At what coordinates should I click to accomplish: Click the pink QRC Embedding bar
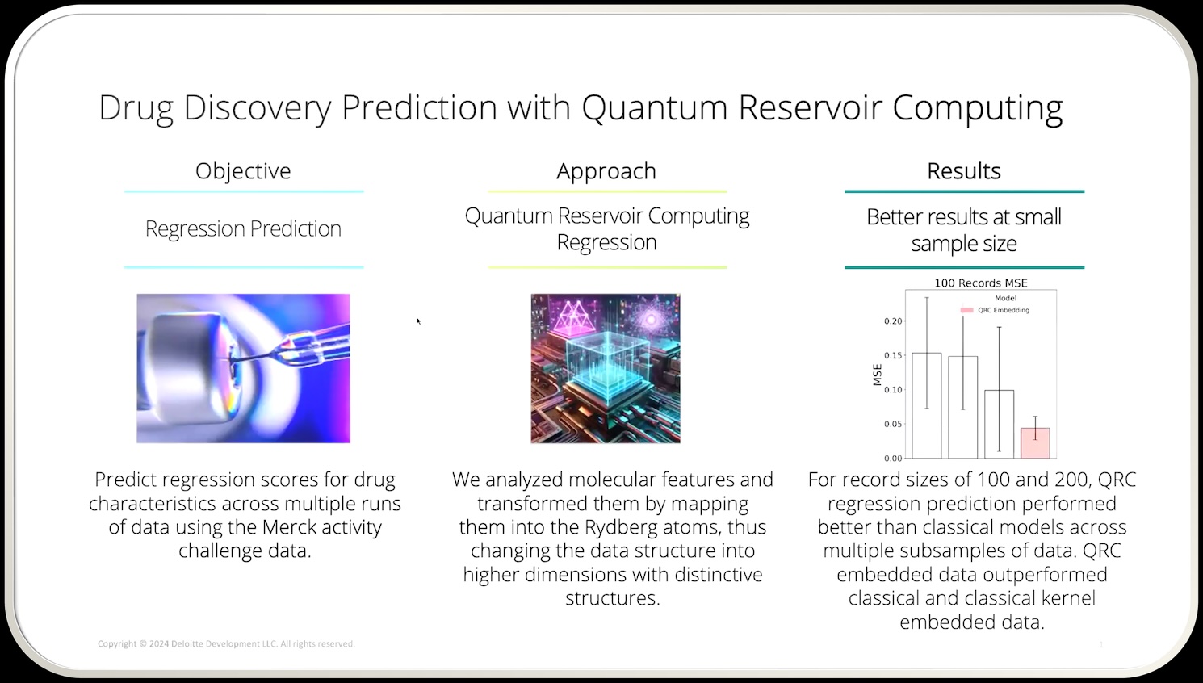click(x=1035, y=443)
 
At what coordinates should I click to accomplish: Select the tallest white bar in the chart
click(x=926, y=405)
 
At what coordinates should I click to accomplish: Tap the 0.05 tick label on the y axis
click(x=894, y=424)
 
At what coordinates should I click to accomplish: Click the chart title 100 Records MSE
click(x=981, y=283)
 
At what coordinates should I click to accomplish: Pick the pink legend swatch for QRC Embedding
click(x=966, y=310)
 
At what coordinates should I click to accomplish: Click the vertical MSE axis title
click(x=878, y=375)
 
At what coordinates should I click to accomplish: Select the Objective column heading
click(x=243, y=171)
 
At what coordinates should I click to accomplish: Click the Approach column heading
click(x=606, y=171)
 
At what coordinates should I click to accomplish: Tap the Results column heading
click(x=964, y=171)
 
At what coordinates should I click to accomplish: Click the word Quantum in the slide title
click(x=655, y=107)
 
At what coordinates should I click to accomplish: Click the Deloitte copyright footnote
click(x=226, y=643)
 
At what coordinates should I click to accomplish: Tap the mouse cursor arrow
click(x=418, y=321)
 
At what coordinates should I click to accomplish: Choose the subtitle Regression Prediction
click(x=243, y=228)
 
